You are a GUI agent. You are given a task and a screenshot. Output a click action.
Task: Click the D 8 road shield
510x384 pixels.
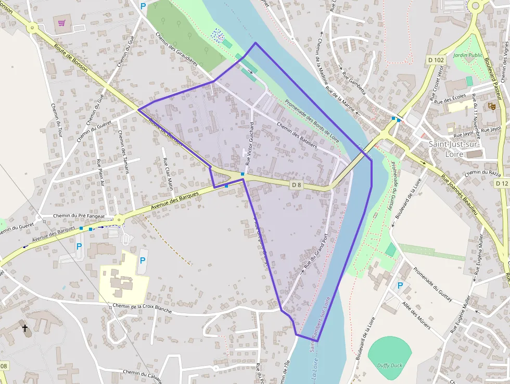click(x=296, y=184)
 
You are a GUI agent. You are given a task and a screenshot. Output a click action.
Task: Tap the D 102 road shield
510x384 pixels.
click(x=436, y=60)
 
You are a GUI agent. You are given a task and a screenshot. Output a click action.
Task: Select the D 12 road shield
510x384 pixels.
click(x=502, y=183)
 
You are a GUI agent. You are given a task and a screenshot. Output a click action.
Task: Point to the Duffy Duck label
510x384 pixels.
click(x=390, y=365)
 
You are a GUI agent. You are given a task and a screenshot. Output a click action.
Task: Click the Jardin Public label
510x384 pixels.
click(x=468, y=55)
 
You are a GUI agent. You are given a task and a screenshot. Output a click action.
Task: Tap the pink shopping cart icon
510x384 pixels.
click(x=62, y=23)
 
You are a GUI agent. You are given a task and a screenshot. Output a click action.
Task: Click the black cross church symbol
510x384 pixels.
click(x=24, y=328)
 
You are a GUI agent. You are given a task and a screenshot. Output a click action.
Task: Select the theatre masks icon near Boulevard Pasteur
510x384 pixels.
click(x=491, y=106)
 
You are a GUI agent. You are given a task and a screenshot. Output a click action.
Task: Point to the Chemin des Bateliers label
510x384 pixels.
click(x=297, y=135)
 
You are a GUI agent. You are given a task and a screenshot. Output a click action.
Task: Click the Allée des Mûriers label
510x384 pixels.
click(x=416, y=314)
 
